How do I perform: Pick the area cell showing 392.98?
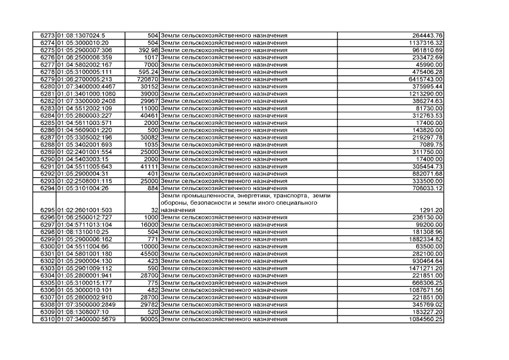pyautogui.click(x=148, y=50)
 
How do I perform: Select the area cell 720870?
pyautogui.click(x=148, y=79)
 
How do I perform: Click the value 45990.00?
pyautogui.click(x=430, y=65)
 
